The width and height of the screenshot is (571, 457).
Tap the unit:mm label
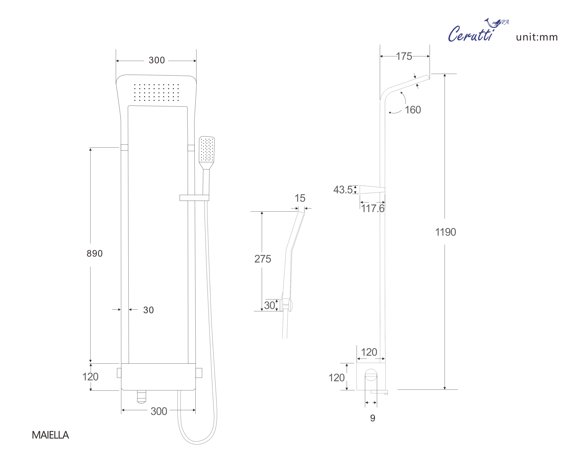537,37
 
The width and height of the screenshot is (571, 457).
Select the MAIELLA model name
50,435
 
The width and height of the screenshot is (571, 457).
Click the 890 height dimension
95,253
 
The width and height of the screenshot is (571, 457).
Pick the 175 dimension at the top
404,56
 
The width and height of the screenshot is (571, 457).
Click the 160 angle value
413,110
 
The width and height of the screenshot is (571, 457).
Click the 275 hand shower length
263,259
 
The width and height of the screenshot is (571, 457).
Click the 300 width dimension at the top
157,60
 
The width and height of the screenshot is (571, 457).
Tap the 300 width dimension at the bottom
159,411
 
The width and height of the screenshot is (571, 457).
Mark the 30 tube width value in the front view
149,310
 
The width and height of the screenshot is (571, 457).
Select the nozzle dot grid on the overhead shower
156,92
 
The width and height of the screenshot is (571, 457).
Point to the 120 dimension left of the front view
90,377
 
